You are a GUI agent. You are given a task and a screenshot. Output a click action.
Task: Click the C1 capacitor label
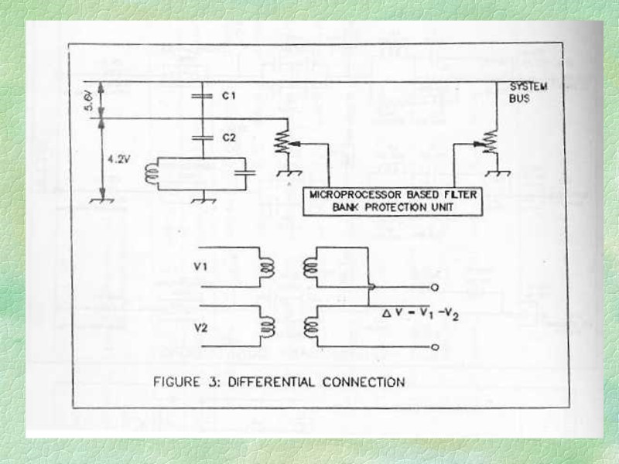point(228,95)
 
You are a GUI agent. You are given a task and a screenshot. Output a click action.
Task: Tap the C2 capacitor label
point(228,136)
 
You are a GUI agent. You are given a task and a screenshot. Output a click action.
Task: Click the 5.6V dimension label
point(89,99)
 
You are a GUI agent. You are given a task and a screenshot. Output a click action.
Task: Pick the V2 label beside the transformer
point(200,326)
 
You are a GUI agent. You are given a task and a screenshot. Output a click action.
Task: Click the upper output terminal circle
point(434,287)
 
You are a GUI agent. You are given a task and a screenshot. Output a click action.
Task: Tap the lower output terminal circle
point(434,347)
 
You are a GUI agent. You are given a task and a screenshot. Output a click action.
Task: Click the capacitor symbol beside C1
point(202,95)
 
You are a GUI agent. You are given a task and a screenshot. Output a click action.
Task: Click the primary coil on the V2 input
point(267,326)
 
